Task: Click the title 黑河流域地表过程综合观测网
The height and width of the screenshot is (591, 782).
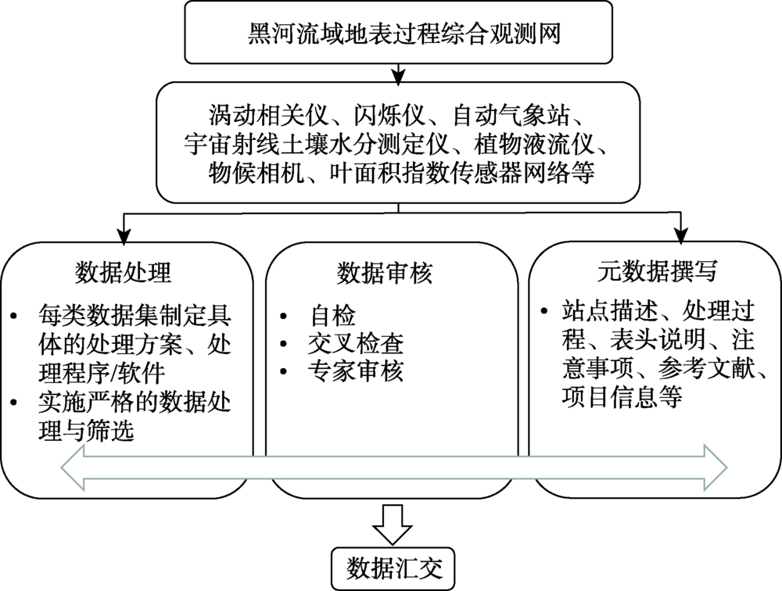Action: point(400,35)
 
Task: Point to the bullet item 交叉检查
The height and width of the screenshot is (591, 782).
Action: point(356,344)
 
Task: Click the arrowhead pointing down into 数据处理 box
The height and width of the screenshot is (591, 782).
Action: point(123,232)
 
